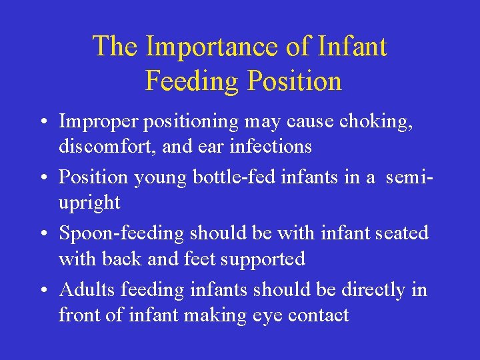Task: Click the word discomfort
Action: pos(105,146)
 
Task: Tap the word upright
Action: pos(89,203)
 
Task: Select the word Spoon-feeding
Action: pos(122,234)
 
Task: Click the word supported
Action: pos(265,259)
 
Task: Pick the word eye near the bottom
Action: pos(268,315)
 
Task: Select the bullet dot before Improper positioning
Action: pos(41,123)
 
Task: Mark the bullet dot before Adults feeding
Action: pos(41,291)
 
